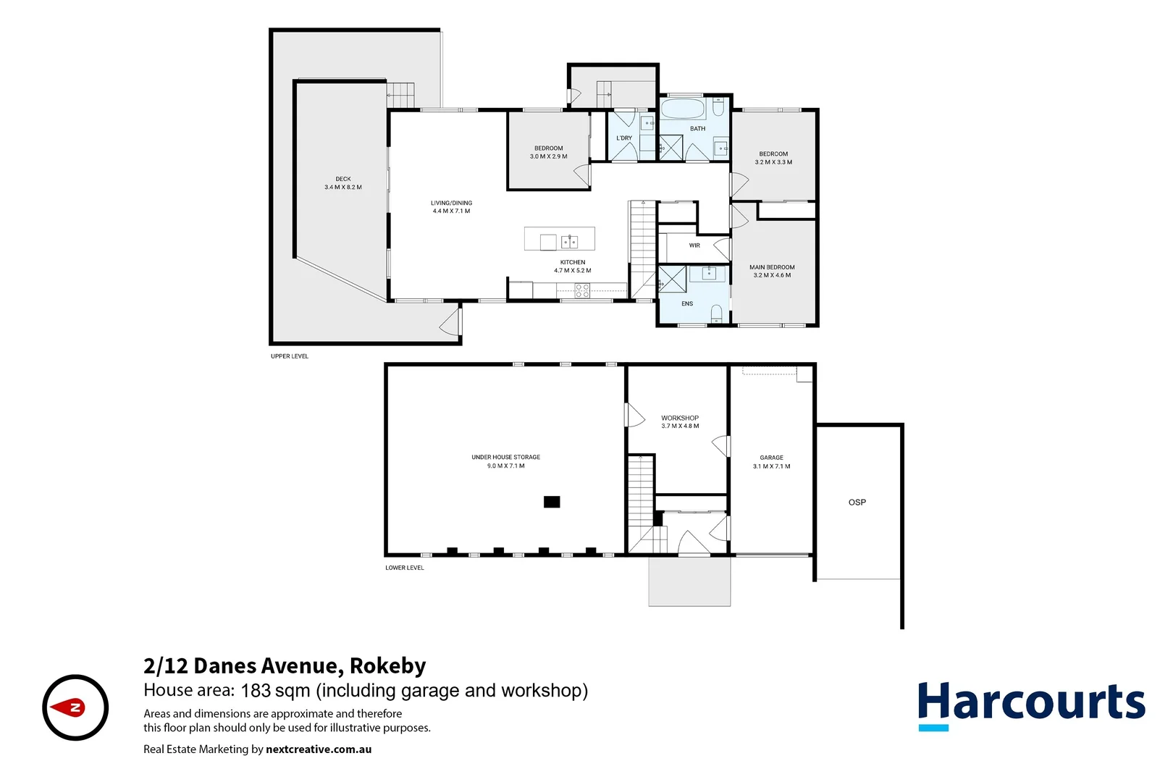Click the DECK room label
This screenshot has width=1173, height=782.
click(343, 183)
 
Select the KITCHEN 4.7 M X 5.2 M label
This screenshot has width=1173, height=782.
click(572, 266)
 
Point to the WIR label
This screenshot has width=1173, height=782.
click(694, 245)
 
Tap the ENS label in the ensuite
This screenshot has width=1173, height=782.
click(687, 304)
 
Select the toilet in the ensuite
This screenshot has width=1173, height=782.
click(716, 314)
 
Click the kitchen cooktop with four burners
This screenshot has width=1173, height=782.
click(582, 291)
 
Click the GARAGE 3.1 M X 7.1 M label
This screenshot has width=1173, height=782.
click(771, 462)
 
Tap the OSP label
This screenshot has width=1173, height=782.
click(857, 502)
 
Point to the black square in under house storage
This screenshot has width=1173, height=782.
click(552, 502)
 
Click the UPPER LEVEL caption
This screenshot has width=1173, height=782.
click(290, 356)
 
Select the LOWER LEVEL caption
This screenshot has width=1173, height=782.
click(405, 568)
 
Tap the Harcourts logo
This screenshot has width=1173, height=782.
click(1031, 705)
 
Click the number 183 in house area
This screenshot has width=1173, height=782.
click(256, 691)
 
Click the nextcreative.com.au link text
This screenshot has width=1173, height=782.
click(319, 749)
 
